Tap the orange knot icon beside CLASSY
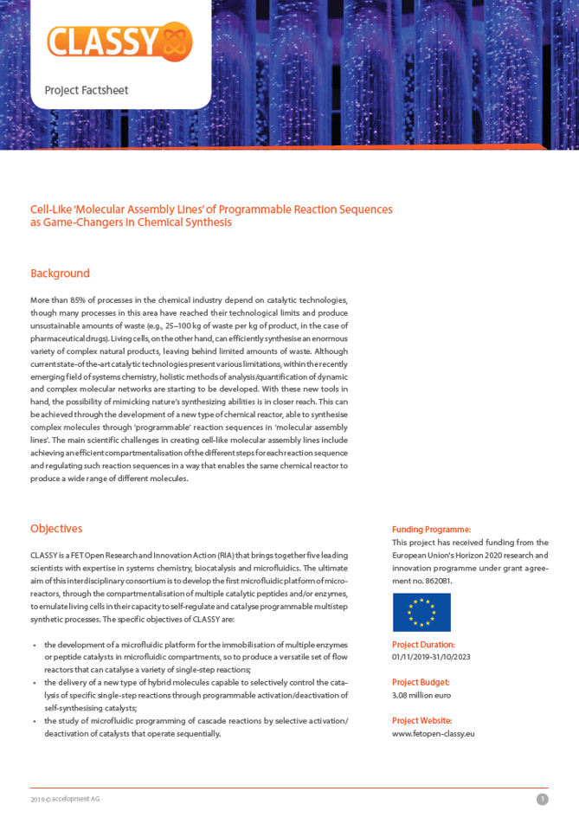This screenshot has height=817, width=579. pos(177,42)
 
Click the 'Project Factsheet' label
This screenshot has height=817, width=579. pos(87,90)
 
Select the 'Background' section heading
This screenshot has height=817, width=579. pos(60,273)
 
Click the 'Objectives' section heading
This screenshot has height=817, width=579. pos(56,529)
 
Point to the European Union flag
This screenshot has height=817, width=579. pos(421,612)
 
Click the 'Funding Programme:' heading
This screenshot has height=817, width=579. pos(431,530)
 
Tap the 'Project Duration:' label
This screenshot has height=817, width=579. pos(423,645)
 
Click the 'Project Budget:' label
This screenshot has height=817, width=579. pos(420,683)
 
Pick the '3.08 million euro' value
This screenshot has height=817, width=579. pos(421,695)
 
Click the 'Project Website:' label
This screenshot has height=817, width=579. pos(421,721)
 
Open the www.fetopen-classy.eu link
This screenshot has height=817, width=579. pos(433,734)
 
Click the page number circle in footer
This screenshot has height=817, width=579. pos(542,800)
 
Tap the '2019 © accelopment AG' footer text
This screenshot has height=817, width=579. pos(65,799)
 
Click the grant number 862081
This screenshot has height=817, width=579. pos(436,581)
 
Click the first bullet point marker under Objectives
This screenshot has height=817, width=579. pos(34,646)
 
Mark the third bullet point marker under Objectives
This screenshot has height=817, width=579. pos(34,721)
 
